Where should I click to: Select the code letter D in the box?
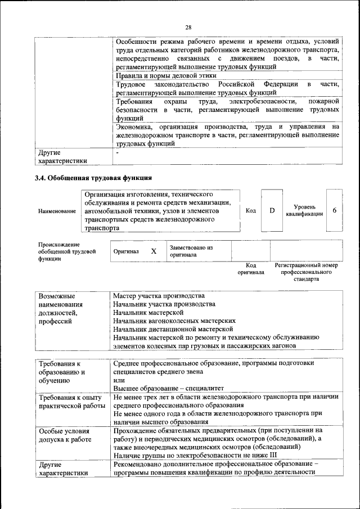[x=272, y=210]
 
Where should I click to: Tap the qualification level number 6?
[x=335, y=210]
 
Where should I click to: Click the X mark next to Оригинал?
[x=154, y=251]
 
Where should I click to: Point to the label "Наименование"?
[x=57, y=211]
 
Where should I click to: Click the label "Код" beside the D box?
[x=251, y=210]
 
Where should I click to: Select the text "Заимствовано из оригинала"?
[x=191, y=251]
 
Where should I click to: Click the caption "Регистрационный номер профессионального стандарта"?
[x=306, y=271]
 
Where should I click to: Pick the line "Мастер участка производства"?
[x=159, y=296]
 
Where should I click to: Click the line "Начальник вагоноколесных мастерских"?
[x=174, y=321]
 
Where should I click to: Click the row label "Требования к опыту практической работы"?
[x=70, y=402]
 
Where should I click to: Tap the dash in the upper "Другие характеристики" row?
[x=117, y=152]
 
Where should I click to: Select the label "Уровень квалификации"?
[x=304, y=211]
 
